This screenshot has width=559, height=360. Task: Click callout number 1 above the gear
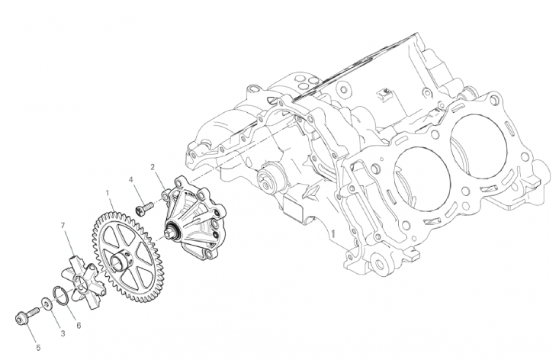pyautogui.click(x=107, y=193)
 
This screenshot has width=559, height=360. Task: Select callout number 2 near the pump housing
pyautogui.click(x=153, y=167)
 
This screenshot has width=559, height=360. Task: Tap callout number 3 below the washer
pyautogui.click(x=63, y=333)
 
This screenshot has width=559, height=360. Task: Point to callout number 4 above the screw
pyautogui.click(x=131, y=179)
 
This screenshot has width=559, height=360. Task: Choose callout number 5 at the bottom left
pyautogui.click(x=38, y=348)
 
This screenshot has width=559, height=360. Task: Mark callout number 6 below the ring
pyautogui.click(x=79, y=326)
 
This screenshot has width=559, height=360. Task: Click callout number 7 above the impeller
pyautogui.click(x=63, y=225)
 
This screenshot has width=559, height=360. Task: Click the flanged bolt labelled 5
pyautogui.click(x=27, y=314)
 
